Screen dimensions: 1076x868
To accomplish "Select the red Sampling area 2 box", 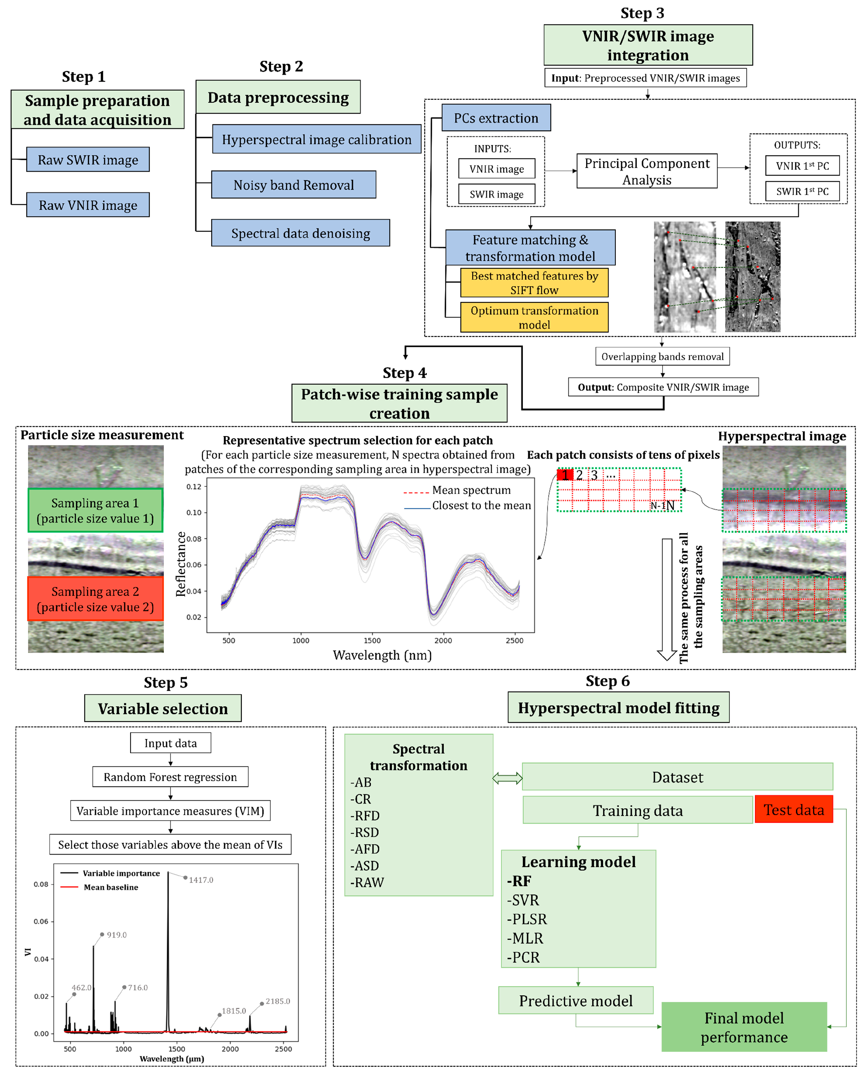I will [95, 599].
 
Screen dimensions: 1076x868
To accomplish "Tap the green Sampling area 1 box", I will [95, 510].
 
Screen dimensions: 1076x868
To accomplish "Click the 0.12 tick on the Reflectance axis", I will [194, 487].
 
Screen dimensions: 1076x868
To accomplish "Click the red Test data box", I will [793, 810].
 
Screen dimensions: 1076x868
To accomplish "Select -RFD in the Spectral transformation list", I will [365, 816].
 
